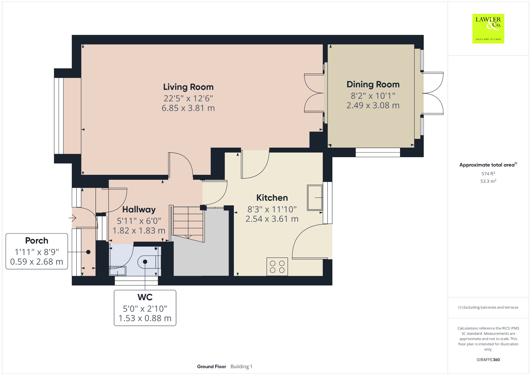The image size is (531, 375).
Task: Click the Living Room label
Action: click(x=188, y=87)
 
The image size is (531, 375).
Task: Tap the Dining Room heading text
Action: click(x=373, y=84)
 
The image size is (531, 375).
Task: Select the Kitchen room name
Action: click(x=272, y=198)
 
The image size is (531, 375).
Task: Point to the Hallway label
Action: click(x=139, y=210)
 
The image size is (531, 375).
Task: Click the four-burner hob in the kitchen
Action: click(x=277, y=267)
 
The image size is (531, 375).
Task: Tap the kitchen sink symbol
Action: click(x=315, y=197)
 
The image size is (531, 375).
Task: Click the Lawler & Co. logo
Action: click(x=488, y=28)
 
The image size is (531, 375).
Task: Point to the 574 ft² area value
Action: click(x=488, y=174)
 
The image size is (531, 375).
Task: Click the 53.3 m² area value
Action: click(x=488, y=181)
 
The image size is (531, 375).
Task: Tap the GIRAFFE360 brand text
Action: click(x=488, y=360)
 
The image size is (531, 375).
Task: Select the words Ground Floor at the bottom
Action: click(x=212, y=367)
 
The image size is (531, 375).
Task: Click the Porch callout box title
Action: click(x=37, y=241)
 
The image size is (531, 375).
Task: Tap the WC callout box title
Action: click(x=145, y=297)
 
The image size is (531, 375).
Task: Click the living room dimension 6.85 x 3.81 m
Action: click(x=188, y=108)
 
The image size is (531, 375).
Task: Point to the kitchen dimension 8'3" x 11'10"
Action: click(x=272, y=209)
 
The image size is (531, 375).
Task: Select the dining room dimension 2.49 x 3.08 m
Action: click(x=373, y=105)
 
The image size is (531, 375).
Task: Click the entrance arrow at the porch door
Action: click(x=72, y=218)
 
